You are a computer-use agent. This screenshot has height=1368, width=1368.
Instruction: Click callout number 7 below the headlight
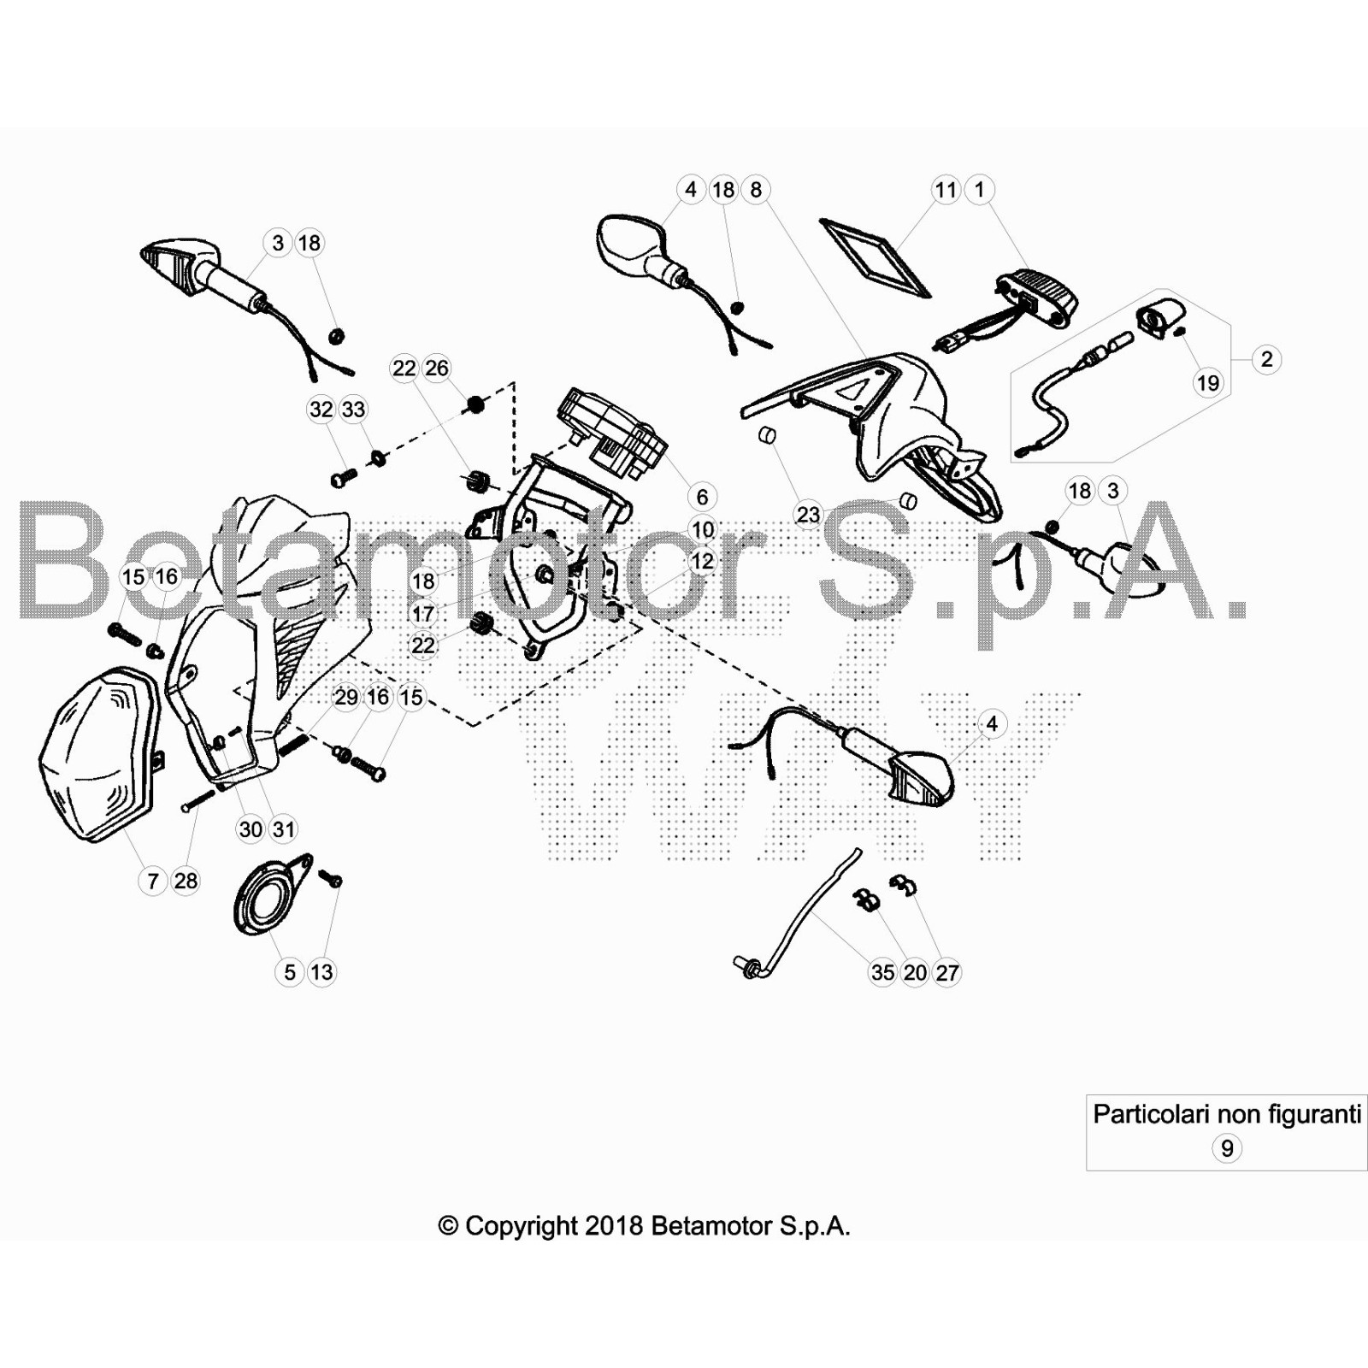tap(153, 881)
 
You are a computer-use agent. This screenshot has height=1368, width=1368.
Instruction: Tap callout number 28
tap(186, 881)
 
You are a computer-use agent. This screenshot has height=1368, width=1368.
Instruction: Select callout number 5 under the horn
tap(290, 972)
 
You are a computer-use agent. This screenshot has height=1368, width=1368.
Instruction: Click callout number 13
tap(321, 972)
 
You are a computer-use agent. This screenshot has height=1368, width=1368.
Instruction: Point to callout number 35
tap(882, 972)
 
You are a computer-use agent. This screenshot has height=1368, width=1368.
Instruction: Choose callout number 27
tap(947, 972)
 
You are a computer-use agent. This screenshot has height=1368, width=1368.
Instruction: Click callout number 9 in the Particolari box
tap(1227, 1148)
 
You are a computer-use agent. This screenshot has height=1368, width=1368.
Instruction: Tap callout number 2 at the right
tap(1267, 359)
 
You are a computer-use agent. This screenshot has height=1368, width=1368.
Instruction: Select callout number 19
tap(1208, 382)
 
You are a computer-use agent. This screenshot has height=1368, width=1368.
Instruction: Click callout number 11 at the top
tap(946, 190)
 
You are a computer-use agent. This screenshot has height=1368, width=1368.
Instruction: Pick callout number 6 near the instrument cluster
tap(702, 497)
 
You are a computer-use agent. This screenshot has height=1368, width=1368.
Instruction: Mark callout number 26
tap(437, 369)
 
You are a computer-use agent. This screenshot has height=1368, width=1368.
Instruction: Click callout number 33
tap(353, 410)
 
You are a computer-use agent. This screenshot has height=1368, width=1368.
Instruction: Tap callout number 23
tap(808, 515)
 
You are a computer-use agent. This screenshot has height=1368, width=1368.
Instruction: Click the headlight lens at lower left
tap(100, 752)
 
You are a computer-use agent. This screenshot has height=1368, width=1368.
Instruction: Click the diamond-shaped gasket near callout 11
tap(875, 256)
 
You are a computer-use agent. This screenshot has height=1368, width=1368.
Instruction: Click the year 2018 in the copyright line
tap(613, 1226)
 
